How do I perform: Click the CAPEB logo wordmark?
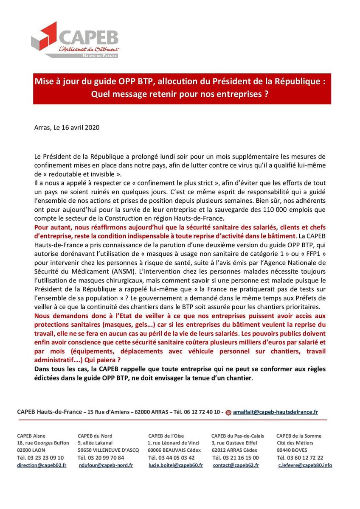[88, 37]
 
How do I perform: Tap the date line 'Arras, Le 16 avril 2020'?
[67, 127]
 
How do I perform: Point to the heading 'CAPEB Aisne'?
[31, 436]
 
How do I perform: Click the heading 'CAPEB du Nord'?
[95, 436]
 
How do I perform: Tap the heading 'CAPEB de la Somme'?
[299, 436]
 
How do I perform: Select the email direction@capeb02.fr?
[41, 465]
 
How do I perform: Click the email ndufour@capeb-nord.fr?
[106, 465]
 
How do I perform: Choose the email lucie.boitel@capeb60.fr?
[175, 465]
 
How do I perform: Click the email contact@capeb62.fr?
[236, 465]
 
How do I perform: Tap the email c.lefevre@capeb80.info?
[305, 465]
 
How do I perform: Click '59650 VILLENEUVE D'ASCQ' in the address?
[108, 450]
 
